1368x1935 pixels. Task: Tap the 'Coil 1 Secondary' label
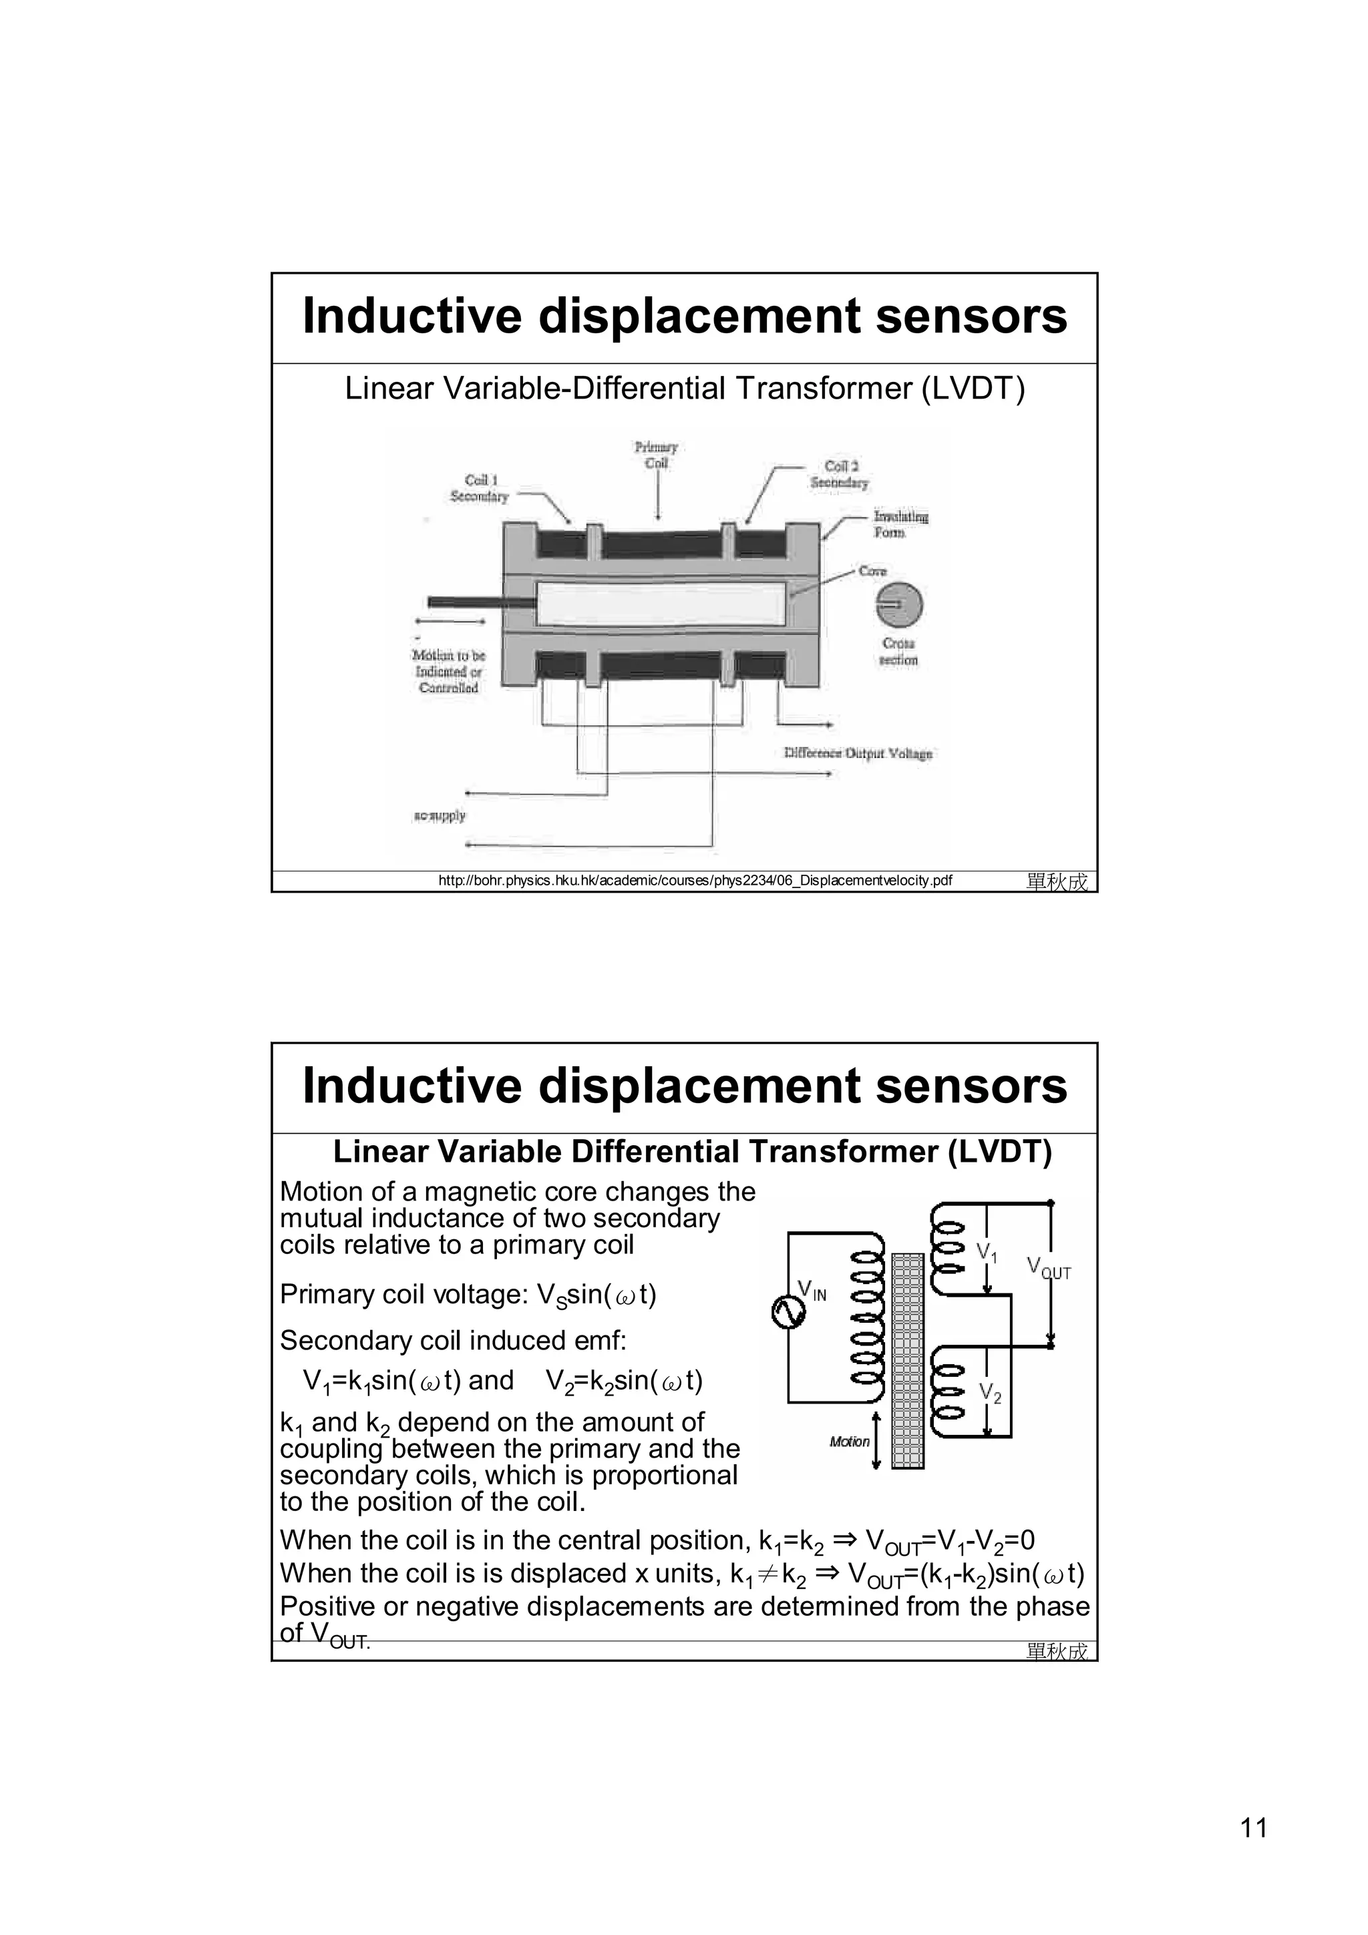point(480,488)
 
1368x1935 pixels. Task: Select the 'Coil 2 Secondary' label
point(840,475)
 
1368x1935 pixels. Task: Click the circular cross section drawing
point(899,605)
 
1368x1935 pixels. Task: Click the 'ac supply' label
point(439,816)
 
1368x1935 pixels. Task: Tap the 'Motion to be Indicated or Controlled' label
point(448,672)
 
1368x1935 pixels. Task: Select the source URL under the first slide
point(695,881)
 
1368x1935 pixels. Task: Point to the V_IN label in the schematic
point(812,1290)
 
